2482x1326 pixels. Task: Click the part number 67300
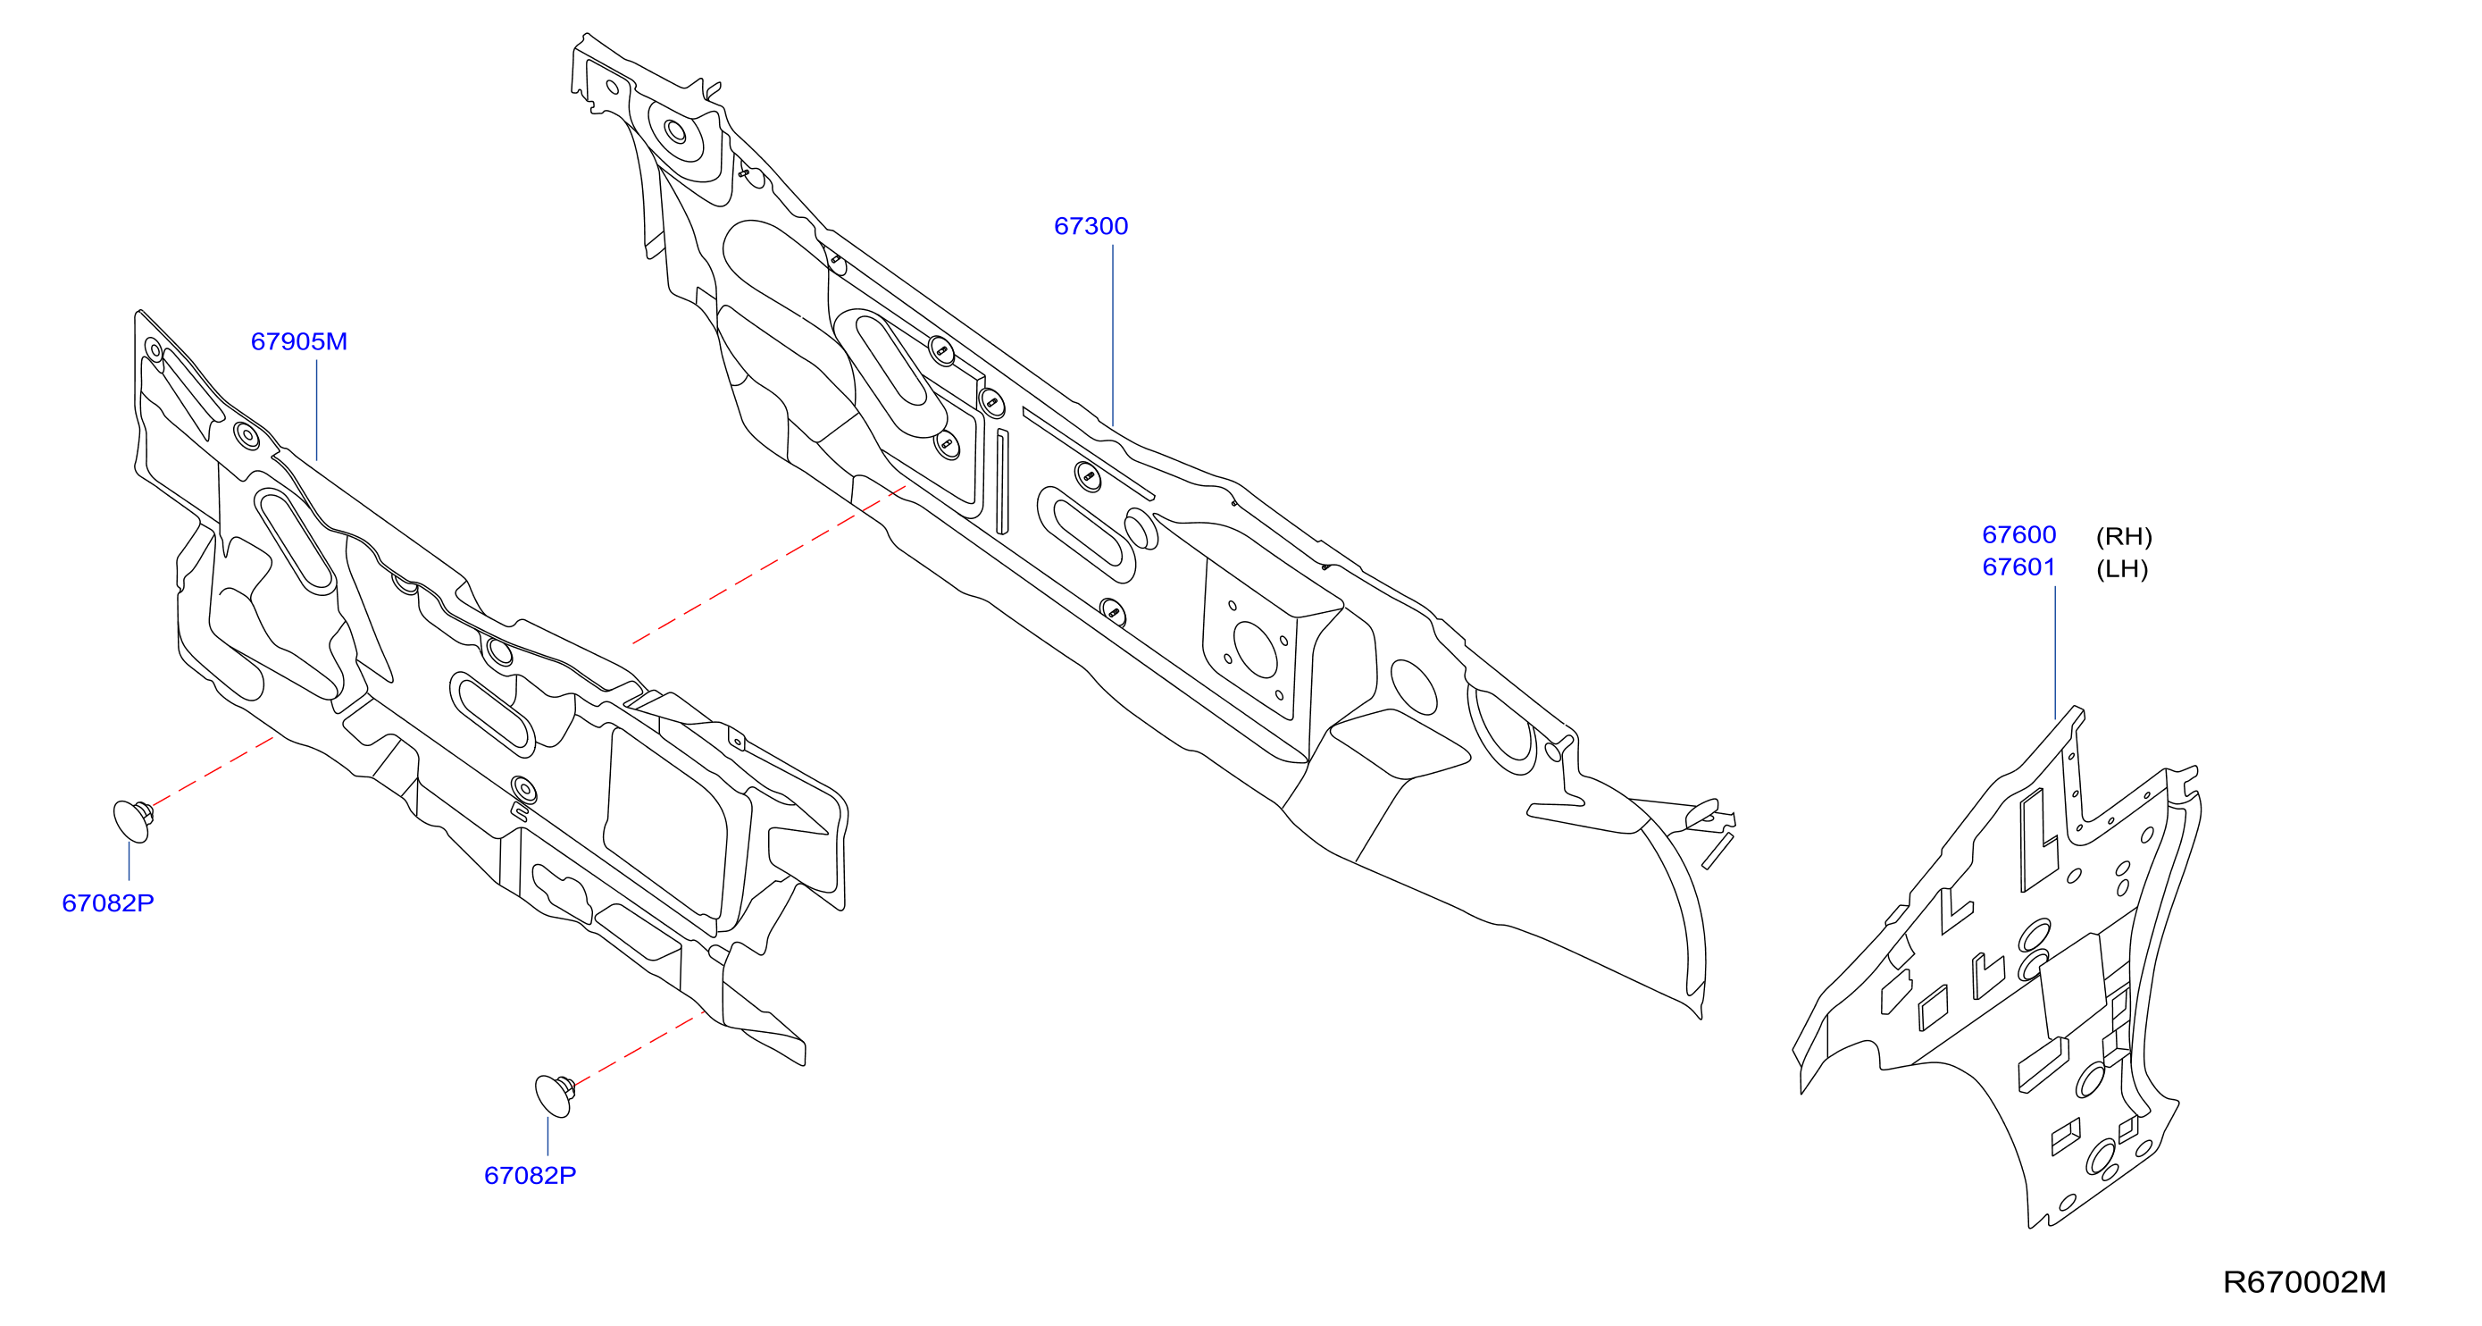(1091, 226)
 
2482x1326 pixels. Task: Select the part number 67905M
(298, 342)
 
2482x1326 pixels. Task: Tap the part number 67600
(2018, 535)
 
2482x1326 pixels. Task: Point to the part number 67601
(2018, 567)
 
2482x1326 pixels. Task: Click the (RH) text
(2124, 537)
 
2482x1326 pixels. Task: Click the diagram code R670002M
(2303, 1282)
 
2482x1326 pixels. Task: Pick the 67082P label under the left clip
(108, 904)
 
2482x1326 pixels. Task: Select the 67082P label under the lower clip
(530, 1176)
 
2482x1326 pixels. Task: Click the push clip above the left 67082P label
(132, 821)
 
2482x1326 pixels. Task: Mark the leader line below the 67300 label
(1113, 334)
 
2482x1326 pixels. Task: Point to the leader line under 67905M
(316, 410)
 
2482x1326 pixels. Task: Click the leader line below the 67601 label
(2055, 652)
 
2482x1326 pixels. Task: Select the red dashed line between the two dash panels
(769, 565)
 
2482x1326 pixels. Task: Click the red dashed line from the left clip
(213, 771)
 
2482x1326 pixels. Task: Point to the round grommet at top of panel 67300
(676, 131)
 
